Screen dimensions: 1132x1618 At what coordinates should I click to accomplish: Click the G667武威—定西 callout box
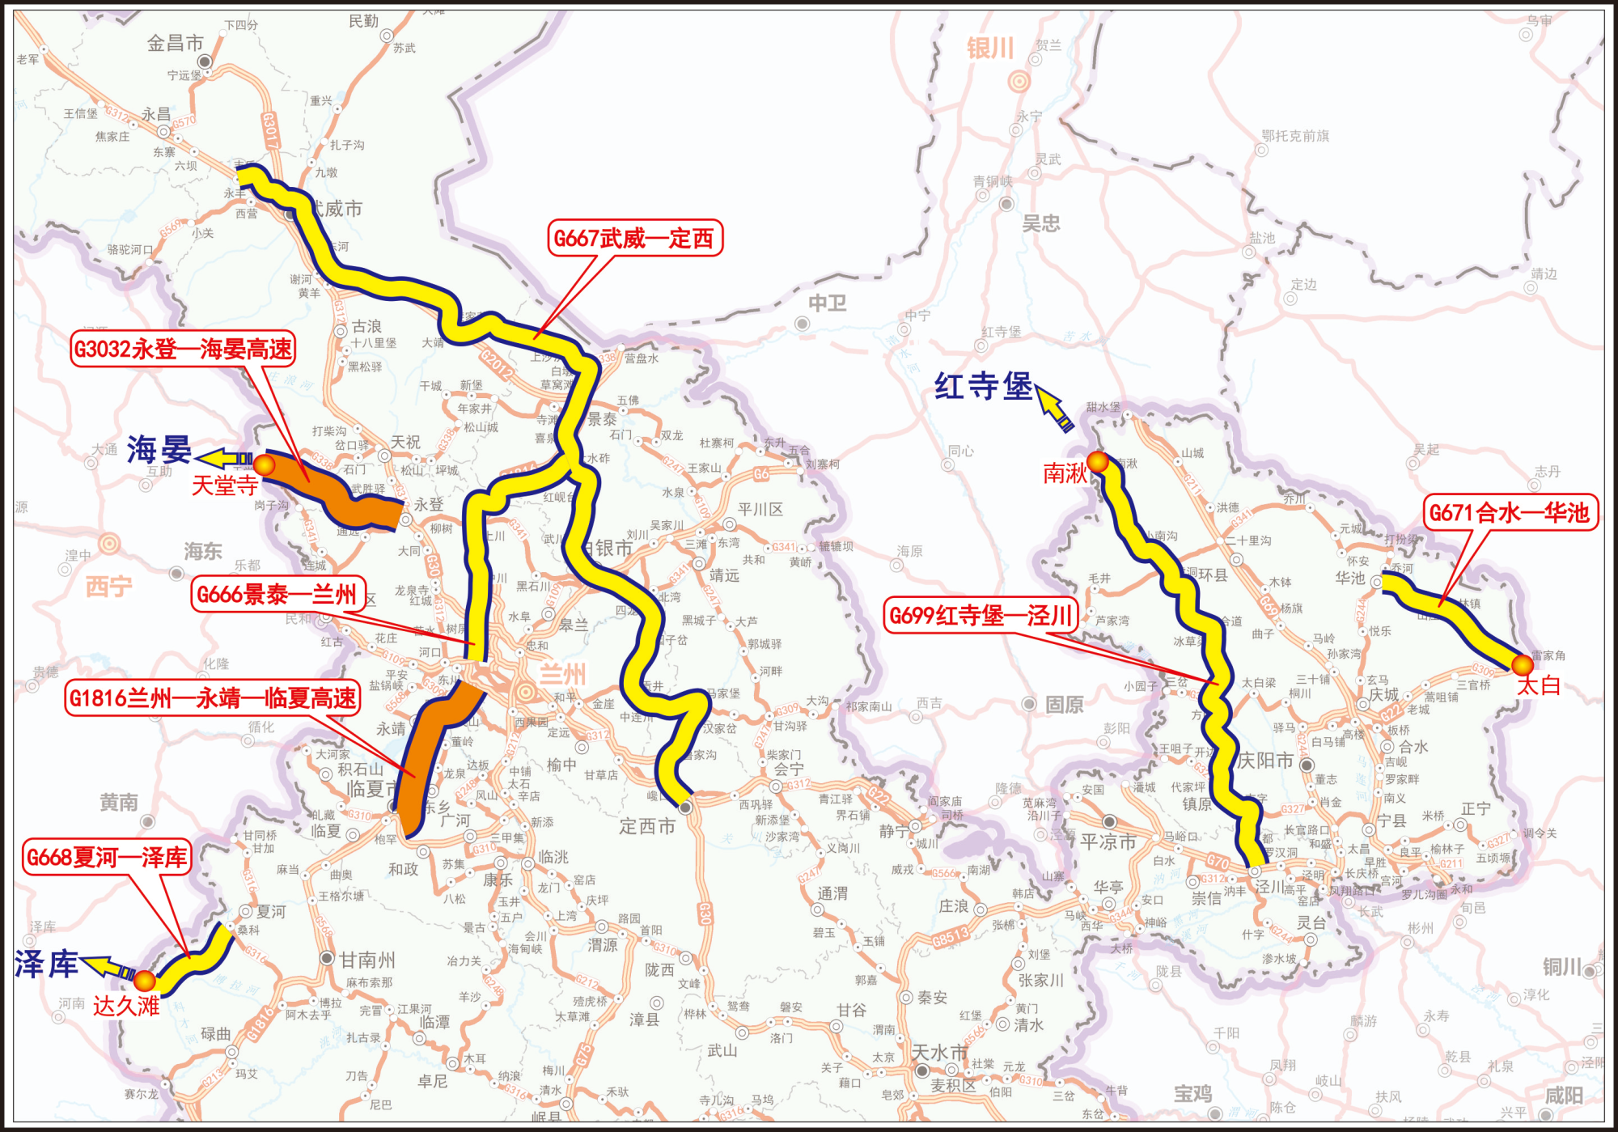click(x=634, y=239)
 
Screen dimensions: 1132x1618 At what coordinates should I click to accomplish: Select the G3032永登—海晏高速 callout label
click(x=183, y=349)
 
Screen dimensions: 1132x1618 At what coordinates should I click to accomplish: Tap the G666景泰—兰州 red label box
click(x=277, y=595)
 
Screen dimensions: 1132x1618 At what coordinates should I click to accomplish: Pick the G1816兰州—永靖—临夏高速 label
click(x=213, y=697)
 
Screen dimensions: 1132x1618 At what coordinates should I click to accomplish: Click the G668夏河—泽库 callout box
click(x=107, y=858)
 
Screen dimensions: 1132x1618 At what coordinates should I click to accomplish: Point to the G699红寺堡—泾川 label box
click(x=981, y=616)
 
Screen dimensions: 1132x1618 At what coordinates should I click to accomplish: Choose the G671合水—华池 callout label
click(x=1510, y=512)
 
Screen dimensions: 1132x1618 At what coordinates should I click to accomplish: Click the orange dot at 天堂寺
click(x=265, y=464)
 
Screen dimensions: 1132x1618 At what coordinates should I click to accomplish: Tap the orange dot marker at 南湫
click(x=1098, y=462)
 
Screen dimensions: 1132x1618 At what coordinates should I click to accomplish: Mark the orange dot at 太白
click(x=1523, y=665)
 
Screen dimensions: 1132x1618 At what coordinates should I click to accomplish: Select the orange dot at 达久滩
click(x=145, y=981)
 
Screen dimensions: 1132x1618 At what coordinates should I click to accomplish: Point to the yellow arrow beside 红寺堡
click(x=1054, y=408)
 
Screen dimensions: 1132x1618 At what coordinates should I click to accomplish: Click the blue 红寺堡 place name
click(x=983, y=387)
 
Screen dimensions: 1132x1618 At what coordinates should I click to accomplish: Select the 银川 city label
click(x=990, y=49)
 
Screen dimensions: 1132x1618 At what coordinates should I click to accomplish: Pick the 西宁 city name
click(x=108, y=586)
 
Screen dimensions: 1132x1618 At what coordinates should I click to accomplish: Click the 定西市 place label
click(x=647, y=826)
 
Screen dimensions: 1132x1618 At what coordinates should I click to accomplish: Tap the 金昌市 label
click(x=175, y=44)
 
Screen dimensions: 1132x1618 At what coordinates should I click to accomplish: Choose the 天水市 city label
click(x=939, y=1053)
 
